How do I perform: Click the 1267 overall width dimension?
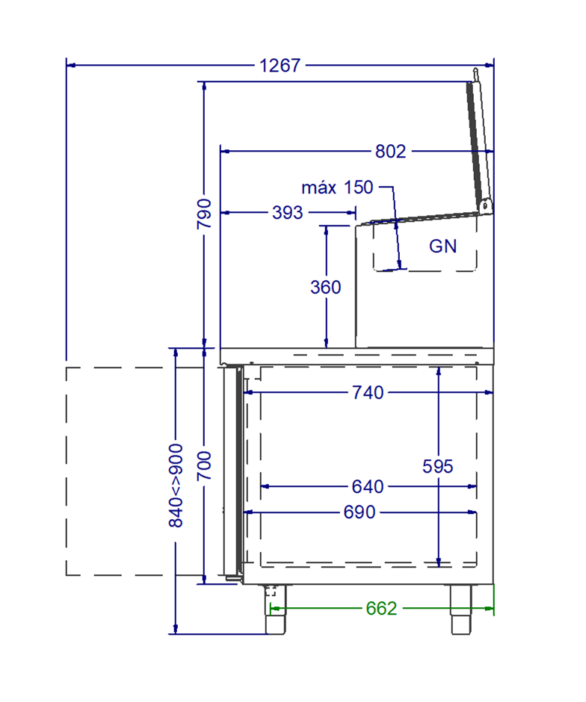coord(280,66)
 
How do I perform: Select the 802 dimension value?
coord(391,152)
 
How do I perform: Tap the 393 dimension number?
coord(288,212)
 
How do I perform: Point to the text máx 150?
coord(337,187)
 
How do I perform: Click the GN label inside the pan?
coord(443,246)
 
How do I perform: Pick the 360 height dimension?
coord(326,287)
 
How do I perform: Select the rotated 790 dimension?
coord(204,214)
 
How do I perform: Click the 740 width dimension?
coord(368,393)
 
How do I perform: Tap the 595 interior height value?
coord(438,467)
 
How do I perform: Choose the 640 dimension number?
coord(368,486)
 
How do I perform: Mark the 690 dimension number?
coord(360,512)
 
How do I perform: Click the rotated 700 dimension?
coord(204,466)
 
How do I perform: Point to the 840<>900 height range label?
coord(176,485)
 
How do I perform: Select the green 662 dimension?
coord(381,609)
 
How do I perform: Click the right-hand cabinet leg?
coord(461,609)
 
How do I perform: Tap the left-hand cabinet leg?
coord(276,609)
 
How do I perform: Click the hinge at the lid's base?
coord(485,206)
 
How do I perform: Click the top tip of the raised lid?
coord(475,69)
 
